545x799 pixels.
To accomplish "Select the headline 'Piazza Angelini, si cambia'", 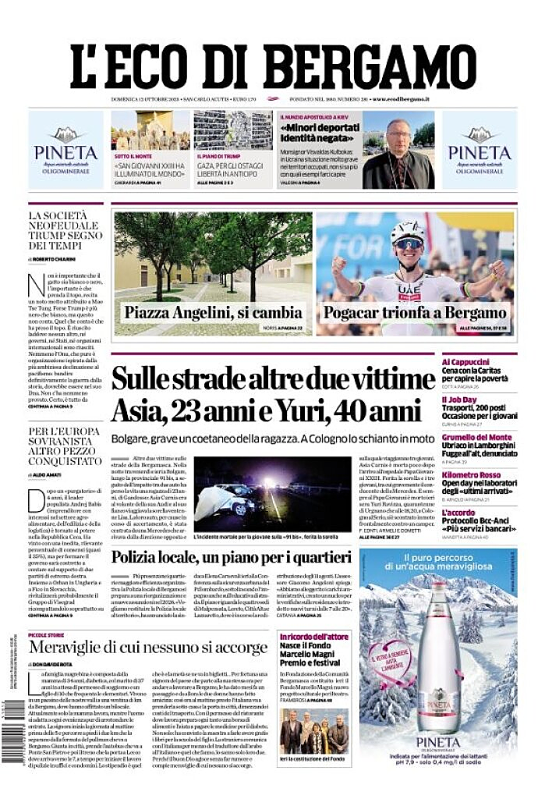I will coord(213,313).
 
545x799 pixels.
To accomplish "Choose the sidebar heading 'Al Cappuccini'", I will coord(465,362).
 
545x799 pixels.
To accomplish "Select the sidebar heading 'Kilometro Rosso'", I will coord(471,475).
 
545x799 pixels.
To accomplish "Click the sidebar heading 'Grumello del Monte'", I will coord(477,437).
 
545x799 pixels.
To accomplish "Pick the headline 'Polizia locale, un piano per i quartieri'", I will coord(231,557).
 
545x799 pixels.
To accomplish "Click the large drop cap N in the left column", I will coord(35,286).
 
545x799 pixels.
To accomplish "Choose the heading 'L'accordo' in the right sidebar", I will coord(458,513).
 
